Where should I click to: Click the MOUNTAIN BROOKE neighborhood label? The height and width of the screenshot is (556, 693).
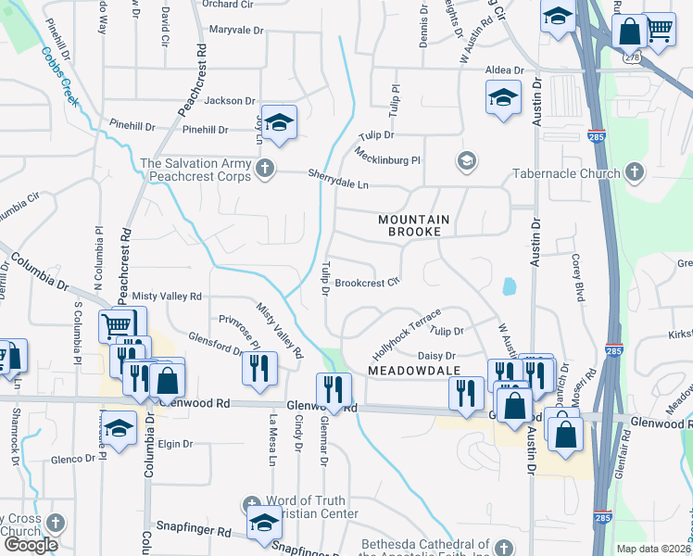click(413, 225)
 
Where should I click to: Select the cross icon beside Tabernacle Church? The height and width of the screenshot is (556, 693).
click(633, 171)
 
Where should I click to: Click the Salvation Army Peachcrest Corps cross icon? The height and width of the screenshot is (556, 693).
click(265, 168)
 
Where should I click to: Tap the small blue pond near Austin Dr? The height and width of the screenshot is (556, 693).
click(509, 286)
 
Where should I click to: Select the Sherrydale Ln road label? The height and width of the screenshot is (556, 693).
click(338, 184)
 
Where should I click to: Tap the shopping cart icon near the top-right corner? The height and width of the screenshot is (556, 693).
click(660, 29)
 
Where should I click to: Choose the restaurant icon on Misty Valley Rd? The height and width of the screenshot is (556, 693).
click(259, 367)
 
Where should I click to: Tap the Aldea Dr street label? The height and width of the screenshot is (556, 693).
click(505, 70)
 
